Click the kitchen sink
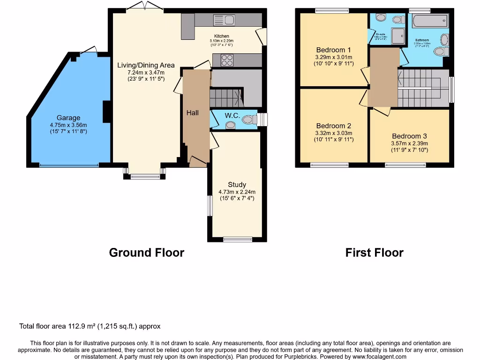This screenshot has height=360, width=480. click(x=224, y=20)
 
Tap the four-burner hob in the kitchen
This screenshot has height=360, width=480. click(x=227, y=60)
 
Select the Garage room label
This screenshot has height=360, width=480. click(x=69, y=118)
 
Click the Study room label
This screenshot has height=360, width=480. click(x=237, y=185)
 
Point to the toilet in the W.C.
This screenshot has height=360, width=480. click(x=230, y=125)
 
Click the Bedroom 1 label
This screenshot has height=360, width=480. click(x=334, y=50)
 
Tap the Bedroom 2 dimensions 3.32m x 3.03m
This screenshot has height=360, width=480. click(x=334, y=133)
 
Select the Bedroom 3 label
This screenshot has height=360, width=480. click(x=410, y=136)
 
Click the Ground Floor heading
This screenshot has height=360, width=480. click(x=146, y=253)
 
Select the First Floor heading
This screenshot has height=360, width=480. click(x=374, y=253)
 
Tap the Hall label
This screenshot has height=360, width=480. click(x=192, y=113)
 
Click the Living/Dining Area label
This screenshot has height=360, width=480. click(x=146, y=65)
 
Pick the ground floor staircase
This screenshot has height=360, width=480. click(x=226, y=97)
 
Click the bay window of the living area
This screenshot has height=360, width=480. click(x=145, y=176)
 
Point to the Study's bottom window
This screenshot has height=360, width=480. click(x=237, y=240)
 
